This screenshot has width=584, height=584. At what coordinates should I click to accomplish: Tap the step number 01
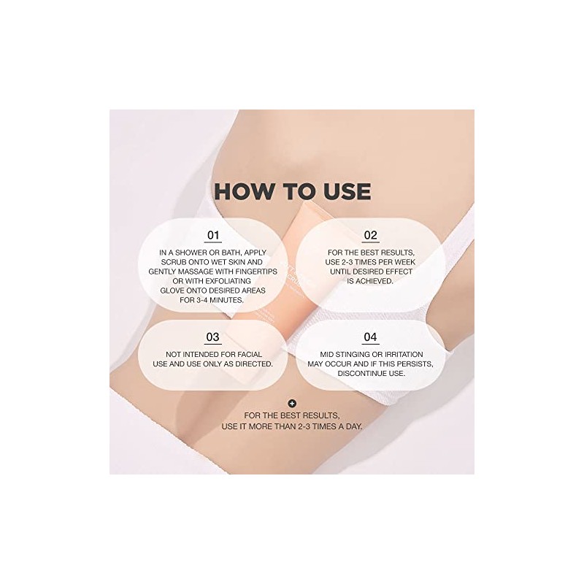[213, 235]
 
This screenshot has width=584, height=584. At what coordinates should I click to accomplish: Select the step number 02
[370, 235]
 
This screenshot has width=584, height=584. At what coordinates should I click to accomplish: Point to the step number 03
[212, 337]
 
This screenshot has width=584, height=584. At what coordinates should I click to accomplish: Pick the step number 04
[370, 337]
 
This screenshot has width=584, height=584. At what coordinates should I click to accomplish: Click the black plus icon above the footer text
[293, 404]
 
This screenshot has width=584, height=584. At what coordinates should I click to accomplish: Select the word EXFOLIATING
[227, 281]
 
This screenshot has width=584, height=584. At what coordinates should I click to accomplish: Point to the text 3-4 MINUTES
[220, 300]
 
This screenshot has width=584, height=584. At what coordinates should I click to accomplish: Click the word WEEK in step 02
[404, 262]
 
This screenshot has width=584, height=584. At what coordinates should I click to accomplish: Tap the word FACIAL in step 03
[248, 354]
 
